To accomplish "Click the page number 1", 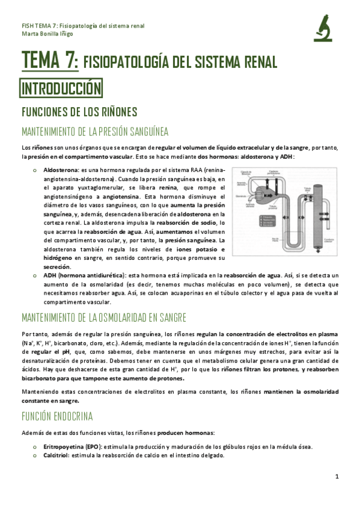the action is click(338, 476).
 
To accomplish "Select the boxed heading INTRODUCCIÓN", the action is click(62, 89).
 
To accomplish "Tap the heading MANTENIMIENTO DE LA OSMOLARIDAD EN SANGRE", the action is click(103, 317).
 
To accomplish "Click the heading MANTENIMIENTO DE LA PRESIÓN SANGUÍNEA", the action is click(94, 132).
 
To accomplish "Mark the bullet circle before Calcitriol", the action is click(37, 455).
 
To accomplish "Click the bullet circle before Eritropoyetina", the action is click(37, 446).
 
